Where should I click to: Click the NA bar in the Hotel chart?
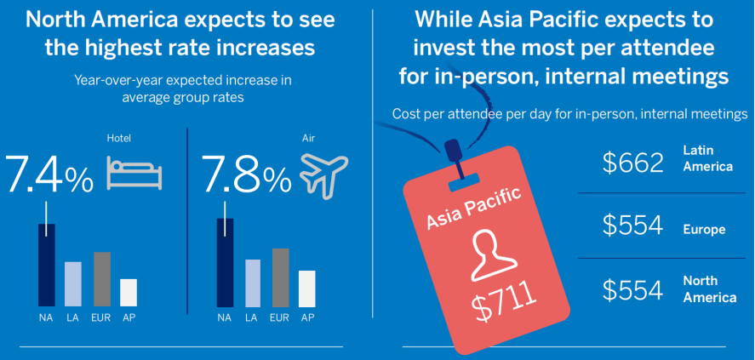coord(47,266)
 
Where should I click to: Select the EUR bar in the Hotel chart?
coord(102,279)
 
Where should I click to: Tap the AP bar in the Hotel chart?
coord(129,293)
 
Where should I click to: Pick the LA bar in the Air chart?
coord(253,283)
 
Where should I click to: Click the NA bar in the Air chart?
coord(226,263)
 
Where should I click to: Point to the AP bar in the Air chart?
coord(307,289)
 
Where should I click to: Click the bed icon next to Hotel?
coord(134,172)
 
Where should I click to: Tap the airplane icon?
coord(324,175)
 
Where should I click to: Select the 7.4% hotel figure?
coord(49,174)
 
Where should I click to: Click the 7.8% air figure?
coord(247,174)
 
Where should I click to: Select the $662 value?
coord(632,163)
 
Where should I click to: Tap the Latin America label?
coord(708,158)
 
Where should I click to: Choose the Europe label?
coord(704,230)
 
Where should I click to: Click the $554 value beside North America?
coord(632,289)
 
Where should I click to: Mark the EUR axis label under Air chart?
coord(279,317)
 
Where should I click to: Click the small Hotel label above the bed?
coord(118,139)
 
